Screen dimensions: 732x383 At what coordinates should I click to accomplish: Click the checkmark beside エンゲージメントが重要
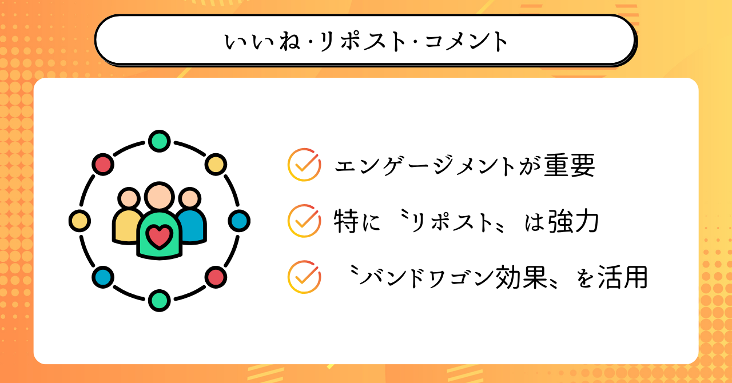pyautogui.click(x=304, y=165)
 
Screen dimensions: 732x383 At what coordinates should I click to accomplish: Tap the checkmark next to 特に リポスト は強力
pyautogui.click(x=304, y=221)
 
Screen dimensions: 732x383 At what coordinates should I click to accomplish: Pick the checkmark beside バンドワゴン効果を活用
pyautogui.click(x=304, y=277)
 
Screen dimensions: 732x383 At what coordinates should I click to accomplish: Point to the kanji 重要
pyautogui.click(x=570, y=165)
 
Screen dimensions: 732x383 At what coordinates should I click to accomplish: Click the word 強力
pyautogui.click(x=574, y=221)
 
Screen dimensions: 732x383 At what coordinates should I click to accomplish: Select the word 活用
pyautogui.click(x=623, y=277)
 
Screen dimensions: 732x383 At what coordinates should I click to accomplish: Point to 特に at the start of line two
pyautogui.click(x=357, y=221)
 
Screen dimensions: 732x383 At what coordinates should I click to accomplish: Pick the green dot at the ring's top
pyautogui.click(x=160, y=141)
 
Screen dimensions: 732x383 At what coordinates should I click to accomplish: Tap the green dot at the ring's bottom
pyautogui.click(x=160, y=300)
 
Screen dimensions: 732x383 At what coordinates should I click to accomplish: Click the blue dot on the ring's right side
pyautogui.click(x=239, y=221)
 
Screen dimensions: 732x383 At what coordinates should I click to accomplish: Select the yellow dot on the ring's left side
pyautogui.click(x=79, y=221)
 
